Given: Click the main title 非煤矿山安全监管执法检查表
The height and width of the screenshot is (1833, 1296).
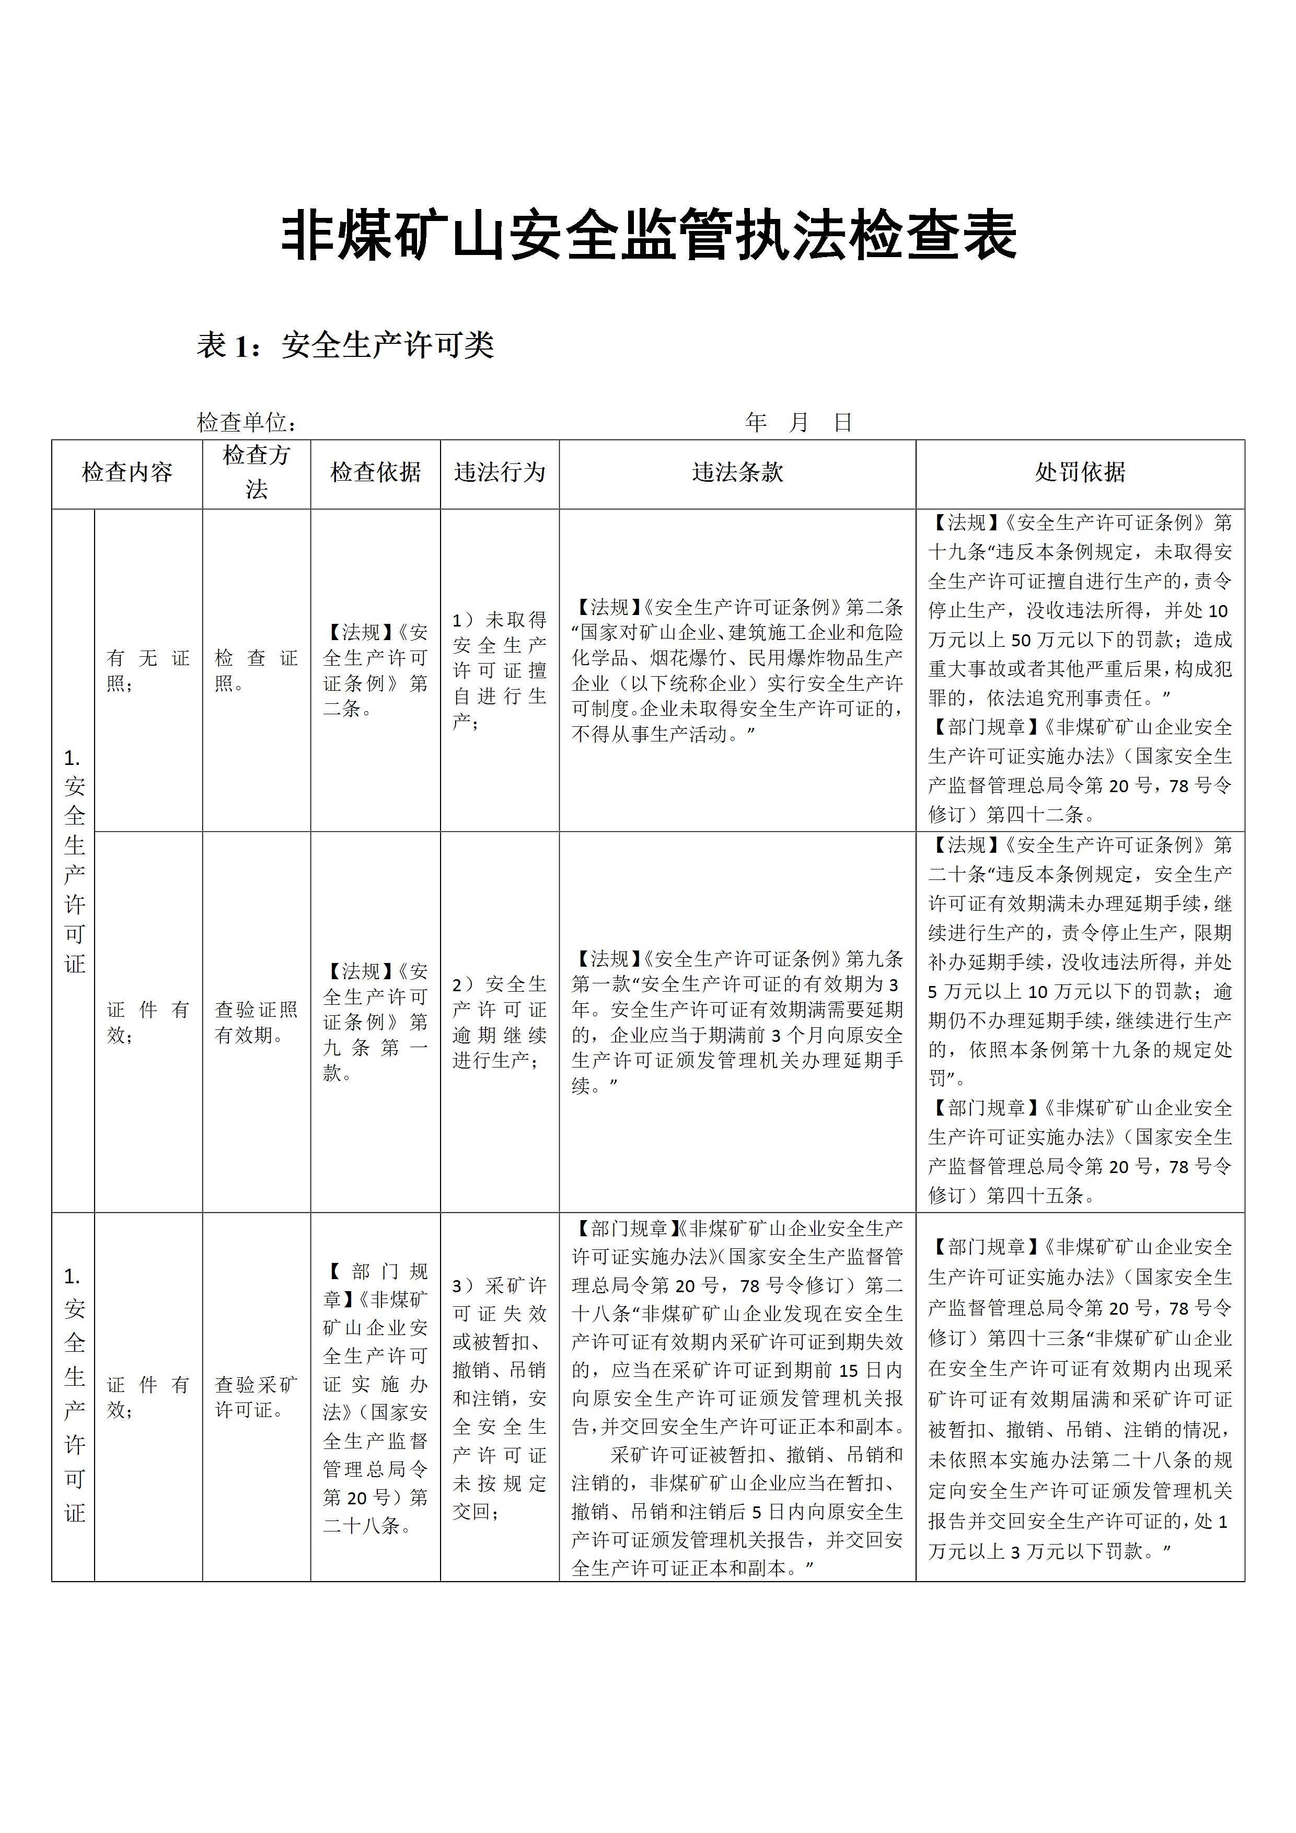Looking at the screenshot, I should [x=649, y=236].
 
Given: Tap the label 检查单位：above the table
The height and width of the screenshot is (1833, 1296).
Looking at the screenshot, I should [x=247, y=422].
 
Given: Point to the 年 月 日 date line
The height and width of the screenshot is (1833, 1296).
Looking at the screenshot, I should [x=799, y=422].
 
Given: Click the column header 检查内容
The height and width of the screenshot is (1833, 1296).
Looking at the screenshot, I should [x=127, y=473].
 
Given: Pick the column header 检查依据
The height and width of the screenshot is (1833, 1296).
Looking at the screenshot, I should [x=375, y=473].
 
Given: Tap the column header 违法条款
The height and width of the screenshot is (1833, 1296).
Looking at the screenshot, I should [x=737, y=473].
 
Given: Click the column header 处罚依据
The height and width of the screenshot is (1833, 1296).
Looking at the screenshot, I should [x=1080, y=473].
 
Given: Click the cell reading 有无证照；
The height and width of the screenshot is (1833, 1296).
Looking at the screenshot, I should [x=148, y=670].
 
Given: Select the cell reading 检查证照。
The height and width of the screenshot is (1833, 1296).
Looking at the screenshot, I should [x=256, y=670].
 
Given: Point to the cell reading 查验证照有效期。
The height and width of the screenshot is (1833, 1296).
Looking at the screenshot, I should [x=256, y=1022].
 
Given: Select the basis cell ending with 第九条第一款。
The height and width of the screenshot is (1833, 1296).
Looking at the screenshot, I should [x=375, y=1022].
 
